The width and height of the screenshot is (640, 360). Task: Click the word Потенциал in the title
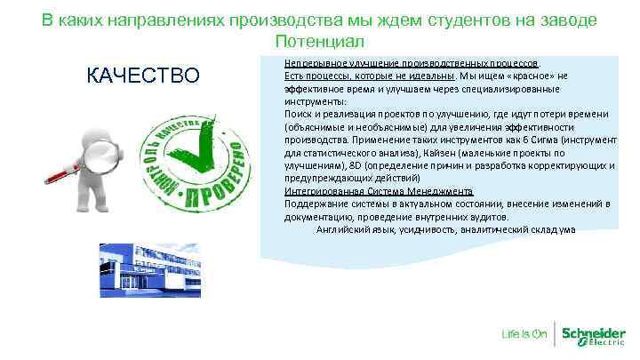(x=319, y=42)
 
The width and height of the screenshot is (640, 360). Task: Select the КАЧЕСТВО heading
(x=143, y=76)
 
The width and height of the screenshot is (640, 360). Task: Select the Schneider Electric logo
(x=594, y=334)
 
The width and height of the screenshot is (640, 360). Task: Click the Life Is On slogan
(x=524, y=334)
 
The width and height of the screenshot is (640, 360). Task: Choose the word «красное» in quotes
(x=535, y=76)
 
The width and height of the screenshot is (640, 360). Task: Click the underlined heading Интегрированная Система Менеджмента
(x=379, y=190)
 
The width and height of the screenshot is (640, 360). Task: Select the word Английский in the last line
(x=344, y=228)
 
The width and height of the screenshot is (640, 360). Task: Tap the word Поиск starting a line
(x=297, y=115)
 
